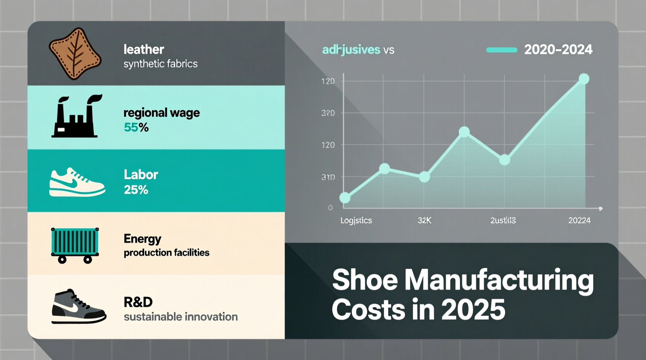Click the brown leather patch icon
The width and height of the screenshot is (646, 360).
point(75,54)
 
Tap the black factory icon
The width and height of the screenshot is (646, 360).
point(75,117)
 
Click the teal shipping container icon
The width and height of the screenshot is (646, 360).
point(75,245)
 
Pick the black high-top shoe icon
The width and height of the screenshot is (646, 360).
point(78,306)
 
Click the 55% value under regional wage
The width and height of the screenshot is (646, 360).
point(136,127)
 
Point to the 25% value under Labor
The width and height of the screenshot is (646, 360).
point(136,190)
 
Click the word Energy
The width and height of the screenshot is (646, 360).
point(142,239)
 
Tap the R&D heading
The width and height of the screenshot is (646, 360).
point(138,302)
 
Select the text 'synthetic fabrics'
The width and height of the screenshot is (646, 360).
point(160,64)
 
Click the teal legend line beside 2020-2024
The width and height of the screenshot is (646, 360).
point(502,50)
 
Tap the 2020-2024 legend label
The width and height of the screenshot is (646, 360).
point(558,50)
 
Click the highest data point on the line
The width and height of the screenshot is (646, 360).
point(584,79)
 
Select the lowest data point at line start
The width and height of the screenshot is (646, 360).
point(345,198)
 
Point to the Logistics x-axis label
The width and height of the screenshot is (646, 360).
point(356,220)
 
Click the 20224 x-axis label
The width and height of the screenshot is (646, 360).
point(579,220)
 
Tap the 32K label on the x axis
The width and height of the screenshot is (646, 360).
point(424,220)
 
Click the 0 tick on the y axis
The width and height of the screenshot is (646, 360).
point(330,208)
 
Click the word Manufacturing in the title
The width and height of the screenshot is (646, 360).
point(499,279)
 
